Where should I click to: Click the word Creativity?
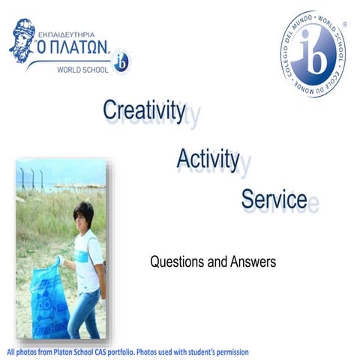tap(144, 110)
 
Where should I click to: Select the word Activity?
tap(208, 158)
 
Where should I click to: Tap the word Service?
tap(273, 199)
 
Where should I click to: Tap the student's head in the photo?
tap(82, 214)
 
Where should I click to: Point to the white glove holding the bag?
tap(58, 260)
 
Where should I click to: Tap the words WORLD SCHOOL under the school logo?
tap(82, 70)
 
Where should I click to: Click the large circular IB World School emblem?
tap(314, 54)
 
